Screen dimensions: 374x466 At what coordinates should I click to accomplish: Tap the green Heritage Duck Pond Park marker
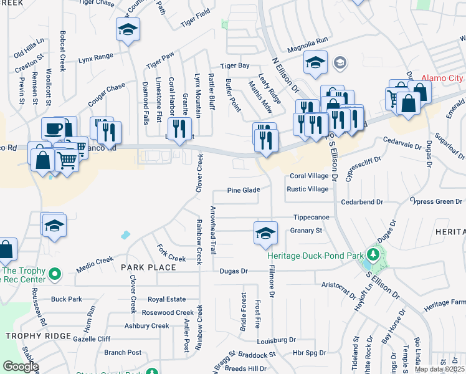373,254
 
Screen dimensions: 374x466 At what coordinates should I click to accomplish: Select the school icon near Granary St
265,234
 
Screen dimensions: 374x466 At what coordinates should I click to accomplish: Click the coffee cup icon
54,129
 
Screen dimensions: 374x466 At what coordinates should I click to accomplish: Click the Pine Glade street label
243,190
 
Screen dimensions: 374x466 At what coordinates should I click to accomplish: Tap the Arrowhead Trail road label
212,229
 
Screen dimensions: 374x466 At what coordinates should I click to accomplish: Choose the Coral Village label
308,176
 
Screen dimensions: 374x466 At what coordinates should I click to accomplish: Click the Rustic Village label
307,189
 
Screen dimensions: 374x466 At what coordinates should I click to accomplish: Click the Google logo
21,367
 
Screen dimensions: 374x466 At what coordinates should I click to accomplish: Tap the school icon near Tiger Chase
128,30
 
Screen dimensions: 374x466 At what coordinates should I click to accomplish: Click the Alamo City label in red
442,79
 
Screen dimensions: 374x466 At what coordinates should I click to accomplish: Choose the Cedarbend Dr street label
361,202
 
